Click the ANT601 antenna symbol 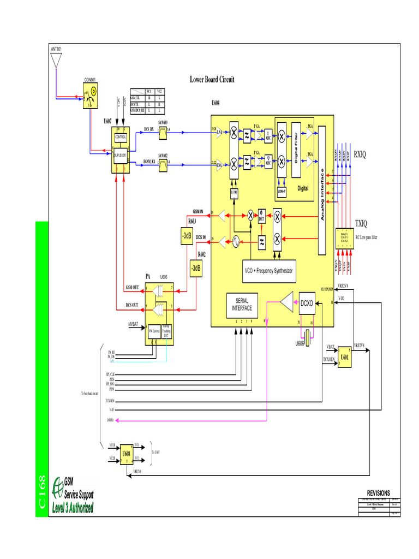tap(56, 60)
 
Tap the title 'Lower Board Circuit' tap(212, 80)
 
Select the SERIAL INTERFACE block tap(242, 305)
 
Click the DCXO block tap(307, 304)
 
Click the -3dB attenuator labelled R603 tap(187, 236)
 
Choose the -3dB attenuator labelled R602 tap(196, 267)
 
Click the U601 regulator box tap(344, 358)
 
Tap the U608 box tap(126, 453)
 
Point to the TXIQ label tap(362, 224)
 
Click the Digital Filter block tap(297, 149)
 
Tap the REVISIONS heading tap(378, 493)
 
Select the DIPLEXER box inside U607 tap(120, 155)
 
